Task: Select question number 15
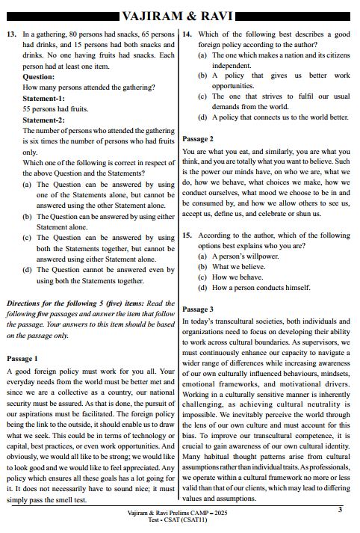pyautogui.click(x=187, y=235)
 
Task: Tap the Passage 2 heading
pyautogui.click(x=199, y=139)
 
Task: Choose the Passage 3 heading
pyautogui.click(x=199, y=309)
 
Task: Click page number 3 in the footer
pyautogui.click(x=339, y=510)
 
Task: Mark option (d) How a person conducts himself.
pyautogui.click(x=251, y=287)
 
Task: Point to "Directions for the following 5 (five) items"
pyautogui.click(x=71, y=304)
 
